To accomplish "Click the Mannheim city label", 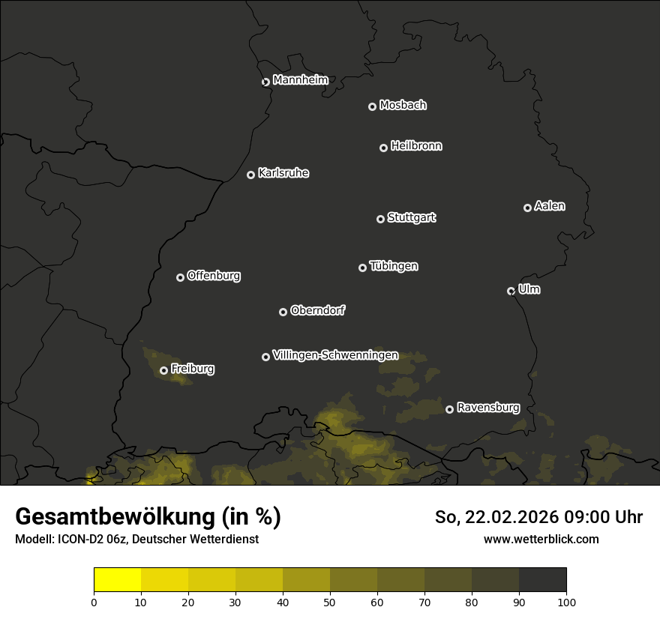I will click(301, 80).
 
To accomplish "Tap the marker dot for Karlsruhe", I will click(250, 175).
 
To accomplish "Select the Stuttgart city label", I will click(411, 217).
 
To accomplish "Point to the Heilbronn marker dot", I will click(383, 148).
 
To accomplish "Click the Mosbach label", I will click(403, 105).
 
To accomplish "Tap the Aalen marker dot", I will click(527, 208).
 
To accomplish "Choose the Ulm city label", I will click(529, 289).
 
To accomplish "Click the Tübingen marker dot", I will click(362, 268).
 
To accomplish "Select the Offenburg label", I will click(214, 276).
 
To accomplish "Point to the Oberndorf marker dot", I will click(283, 312).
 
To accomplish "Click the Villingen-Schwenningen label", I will click(335, 355).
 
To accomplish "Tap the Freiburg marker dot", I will click(163, 370).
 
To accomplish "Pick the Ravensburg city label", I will click(487, 408).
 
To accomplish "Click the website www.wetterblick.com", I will click(541, 539).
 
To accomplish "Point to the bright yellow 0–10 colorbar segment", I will click(118, 580).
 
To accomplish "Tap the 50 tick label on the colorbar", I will click(330, 602).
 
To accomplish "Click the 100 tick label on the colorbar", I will click(566, 602).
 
